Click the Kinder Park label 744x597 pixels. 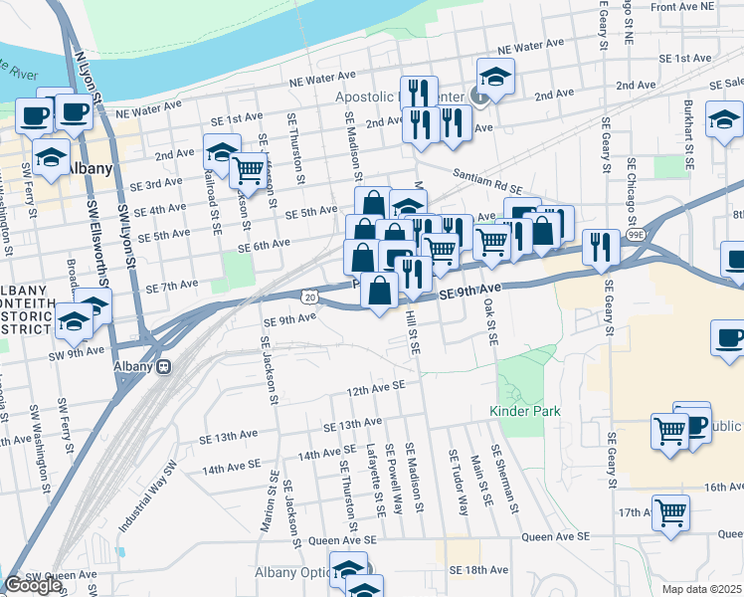point(524,411)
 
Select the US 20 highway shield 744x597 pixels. point(310,296)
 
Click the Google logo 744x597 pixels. point(33,585)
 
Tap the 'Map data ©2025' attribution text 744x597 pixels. point(702,589)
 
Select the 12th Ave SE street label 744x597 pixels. point(376,388)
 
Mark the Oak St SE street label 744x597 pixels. point(489,324)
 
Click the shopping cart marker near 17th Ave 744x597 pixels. point(671,511)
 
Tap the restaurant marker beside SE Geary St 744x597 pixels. point(600,246)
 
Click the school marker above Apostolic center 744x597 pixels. point(493,76)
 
